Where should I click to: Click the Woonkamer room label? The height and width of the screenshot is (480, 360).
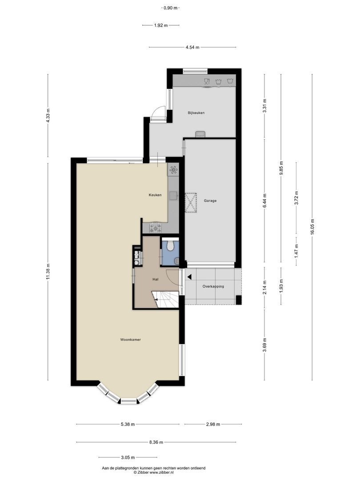click(130, 340)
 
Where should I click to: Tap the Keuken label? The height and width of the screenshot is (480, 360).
click(155, 195)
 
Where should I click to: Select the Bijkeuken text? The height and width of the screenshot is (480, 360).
click(196, 113)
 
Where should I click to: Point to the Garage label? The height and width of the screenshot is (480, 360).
click(210, 201)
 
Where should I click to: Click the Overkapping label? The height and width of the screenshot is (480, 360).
click(213, 287)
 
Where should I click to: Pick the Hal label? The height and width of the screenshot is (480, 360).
click(156, 280)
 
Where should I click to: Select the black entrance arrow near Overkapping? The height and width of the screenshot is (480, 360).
click(189, 277)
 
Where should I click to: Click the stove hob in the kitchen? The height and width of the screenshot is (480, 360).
click(156, 228)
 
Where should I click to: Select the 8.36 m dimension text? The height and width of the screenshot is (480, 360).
click(156, 442)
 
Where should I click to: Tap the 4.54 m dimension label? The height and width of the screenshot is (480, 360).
click(192, 47)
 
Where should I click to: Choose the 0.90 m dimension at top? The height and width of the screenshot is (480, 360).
click(171, 8)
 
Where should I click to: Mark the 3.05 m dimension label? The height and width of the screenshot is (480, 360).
click(127, 457)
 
